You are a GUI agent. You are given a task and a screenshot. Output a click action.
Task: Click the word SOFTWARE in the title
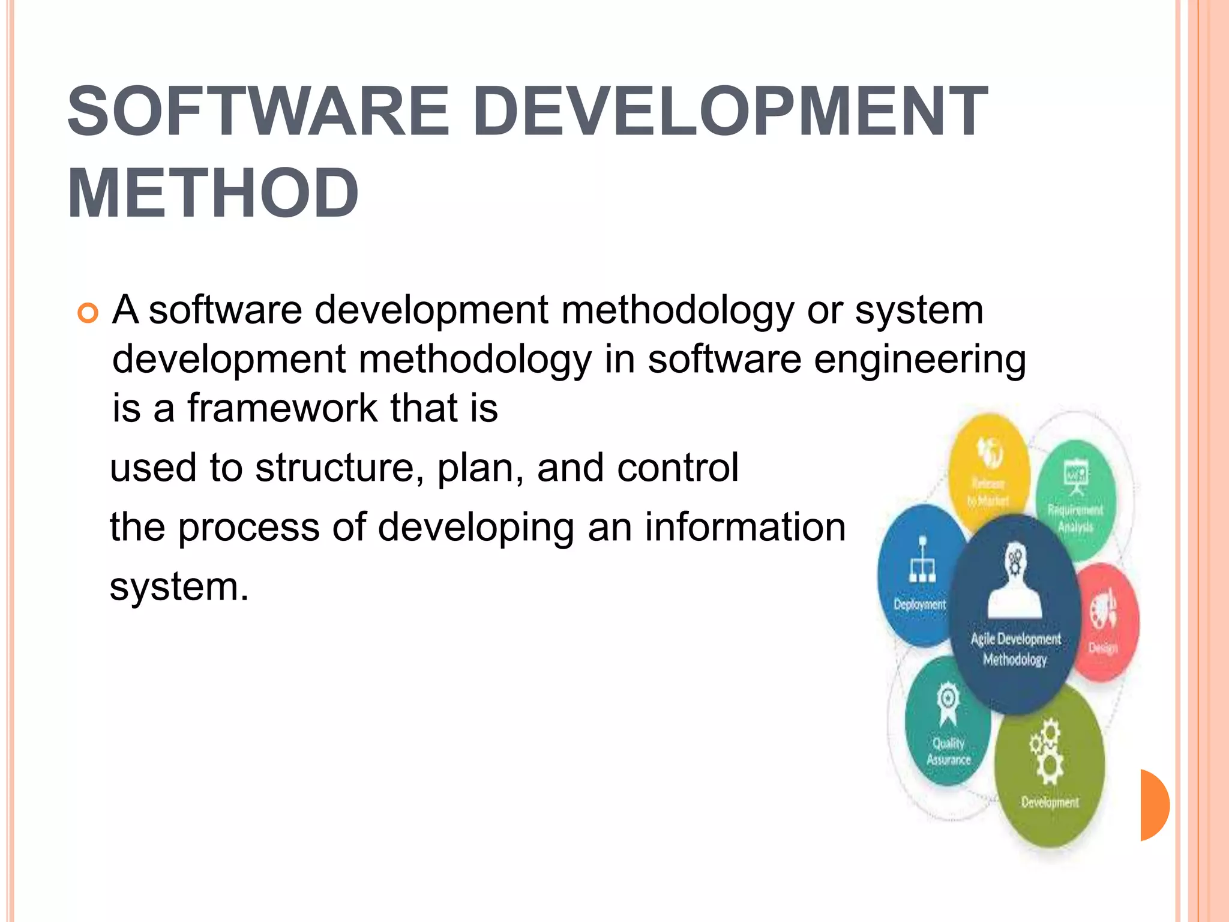coord(258,112)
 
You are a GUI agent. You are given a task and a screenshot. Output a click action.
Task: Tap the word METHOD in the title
coord(213,194)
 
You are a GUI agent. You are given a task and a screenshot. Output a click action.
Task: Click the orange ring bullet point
coord(88,313)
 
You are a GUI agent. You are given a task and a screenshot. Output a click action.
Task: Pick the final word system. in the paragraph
coord(179,586)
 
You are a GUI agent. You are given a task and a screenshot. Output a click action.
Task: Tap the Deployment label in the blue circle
coord(919,604)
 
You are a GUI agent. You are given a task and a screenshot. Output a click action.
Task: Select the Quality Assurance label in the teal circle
coord(948,752)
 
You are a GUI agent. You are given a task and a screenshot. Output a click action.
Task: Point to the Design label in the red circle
coord(1103,648)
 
